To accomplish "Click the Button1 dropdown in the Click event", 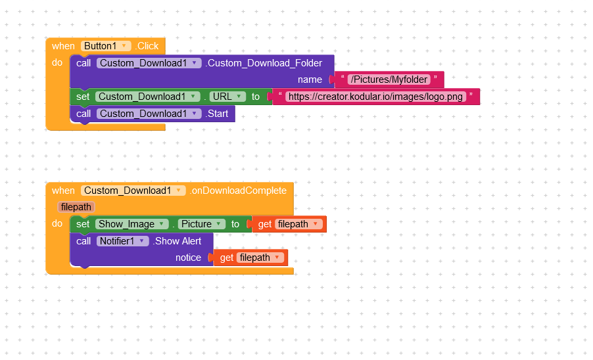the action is (x=105, y=46).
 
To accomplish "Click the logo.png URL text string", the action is (x=375, y=97).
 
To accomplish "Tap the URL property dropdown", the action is (x=227, y=97).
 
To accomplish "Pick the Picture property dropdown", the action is (x=201, y=224).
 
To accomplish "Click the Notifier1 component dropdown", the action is (x=122, y=241).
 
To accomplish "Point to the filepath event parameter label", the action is (x=76, y=207).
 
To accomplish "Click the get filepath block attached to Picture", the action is (x=289, y=224).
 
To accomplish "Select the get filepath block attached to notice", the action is (x=250, y=258).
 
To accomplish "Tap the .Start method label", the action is (x=217, y=114).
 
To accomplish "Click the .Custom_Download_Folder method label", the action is (x=264, y=63).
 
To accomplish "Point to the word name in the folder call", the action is (x=310, y=79).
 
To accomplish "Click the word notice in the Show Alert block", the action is (x=188, y=258).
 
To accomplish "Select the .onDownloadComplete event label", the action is (x=238, y=191).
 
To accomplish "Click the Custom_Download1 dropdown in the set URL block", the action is (x=147, y=97).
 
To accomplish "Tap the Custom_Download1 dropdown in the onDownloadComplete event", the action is (x=133, y=191).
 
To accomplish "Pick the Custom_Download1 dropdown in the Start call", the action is (x=149, y=114).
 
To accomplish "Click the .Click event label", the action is (x=147, y=46).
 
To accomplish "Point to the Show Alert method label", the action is (x=177, y=241).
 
